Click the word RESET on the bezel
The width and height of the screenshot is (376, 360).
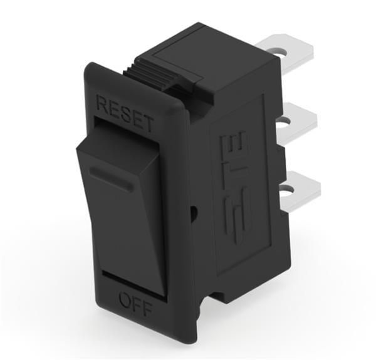(125, 113)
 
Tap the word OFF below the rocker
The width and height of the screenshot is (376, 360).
(133, 303)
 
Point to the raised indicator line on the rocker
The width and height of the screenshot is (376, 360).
(110, 177)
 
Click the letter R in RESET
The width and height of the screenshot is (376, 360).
(102, 103)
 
